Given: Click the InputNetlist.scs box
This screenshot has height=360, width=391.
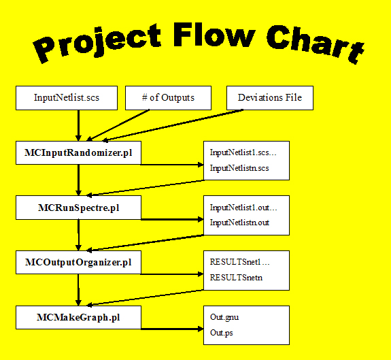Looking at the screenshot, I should (66, 98).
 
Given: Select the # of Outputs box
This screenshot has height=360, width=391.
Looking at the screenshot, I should (168, 98).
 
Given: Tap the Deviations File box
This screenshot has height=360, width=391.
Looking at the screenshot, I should (269, 98).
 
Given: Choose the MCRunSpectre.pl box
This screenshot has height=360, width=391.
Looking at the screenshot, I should (78, 208).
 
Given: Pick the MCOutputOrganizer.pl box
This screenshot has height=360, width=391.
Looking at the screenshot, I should (78, 262).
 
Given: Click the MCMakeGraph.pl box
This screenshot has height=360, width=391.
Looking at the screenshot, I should (78, 317).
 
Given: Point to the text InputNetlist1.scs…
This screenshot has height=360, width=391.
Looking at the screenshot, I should (243, 152).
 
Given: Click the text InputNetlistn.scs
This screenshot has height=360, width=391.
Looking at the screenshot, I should (239, 167).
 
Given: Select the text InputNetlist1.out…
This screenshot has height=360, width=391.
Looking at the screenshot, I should (243, 207).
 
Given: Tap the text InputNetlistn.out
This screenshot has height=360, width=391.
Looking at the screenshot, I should (240, 222).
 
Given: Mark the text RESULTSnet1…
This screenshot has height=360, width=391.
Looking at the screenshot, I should (239, 261).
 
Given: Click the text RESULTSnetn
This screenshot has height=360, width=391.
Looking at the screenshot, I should (235, 276).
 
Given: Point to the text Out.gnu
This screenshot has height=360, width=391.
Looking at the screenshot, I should (224, 316).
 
